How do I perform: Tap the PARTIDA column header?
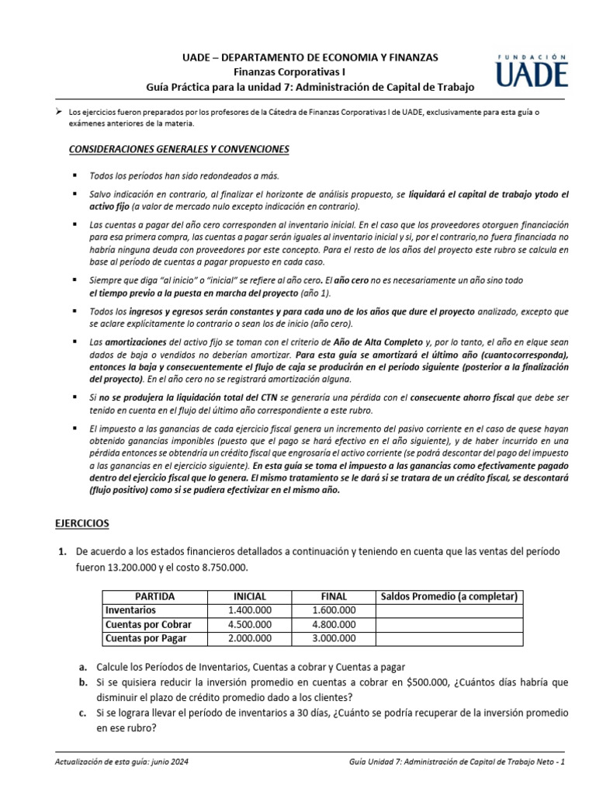point(154,596)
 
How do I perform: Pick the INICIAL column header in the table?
point(250,596)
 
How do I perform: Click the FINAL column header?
point(334,596)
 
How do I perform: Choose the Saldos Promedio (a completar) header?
point(449,596)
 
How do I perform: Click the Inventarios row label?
point(130,610)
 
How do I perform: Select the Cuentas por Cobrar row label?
point(148,624)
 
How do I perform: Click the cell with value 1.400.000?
point(250,610)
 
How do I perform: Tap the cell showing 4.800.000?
point(334,624)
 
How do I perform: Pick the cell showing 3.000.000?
point(334,638)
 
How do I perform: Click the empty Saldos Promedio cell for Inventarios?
point(449,610)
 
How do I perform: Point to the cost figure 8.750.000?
point(225,568)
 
